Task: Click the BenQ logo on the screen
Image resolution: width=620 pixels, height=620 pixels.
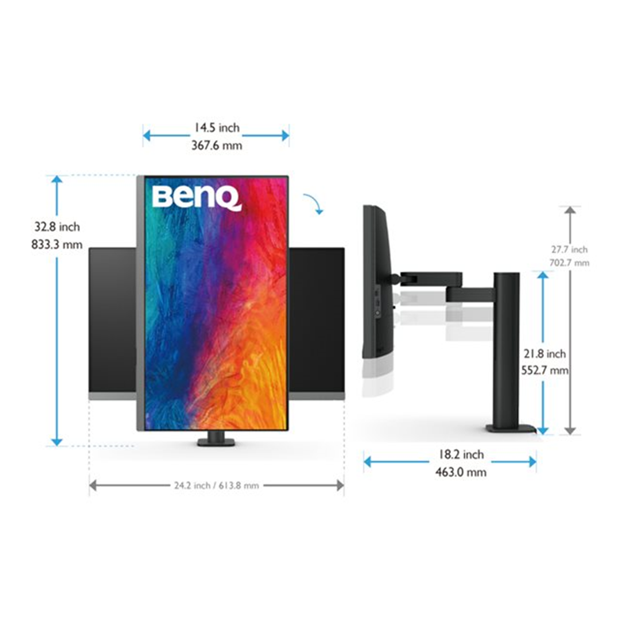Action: click(196, 197)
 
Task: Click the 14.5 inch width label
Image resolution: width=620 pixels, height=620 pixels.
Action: click(215, 128)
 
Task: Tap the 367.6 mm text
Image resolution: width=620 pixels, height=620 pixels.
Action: click(215, 145)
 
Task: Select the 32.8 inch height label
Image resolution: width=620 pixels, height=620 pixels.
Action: click(56, 227)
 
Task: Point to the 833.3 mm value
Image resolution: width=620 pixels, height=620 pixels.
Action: click(56, 244)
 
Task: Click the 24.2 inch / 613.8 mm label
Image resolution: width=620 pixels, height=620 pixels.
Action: click(216, 485)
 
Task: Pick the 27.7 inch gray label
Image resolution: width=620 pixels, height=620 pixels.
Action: click(569, 249)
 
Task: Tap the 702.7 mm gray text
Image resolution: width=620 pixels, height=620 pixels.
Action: click(569, 262)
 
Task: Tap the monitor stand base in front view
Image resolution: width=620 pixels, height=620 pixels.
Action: click(216, 441)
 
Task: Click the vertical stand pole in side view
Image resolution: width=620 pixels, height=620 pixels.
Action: click(507, 347)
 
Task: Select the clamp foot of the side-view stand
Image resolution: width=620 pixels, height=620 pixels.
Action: click(510, 428)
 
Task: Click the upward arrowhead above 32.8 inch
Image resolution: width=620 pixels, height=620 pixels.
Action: click(57, 180)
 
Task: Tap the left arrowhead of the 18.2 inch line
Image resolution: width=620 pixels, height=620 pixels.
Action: click(368, 462)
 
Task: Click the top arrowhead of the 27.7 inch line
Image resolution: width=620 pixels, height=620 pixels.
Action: click(570, 210)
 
